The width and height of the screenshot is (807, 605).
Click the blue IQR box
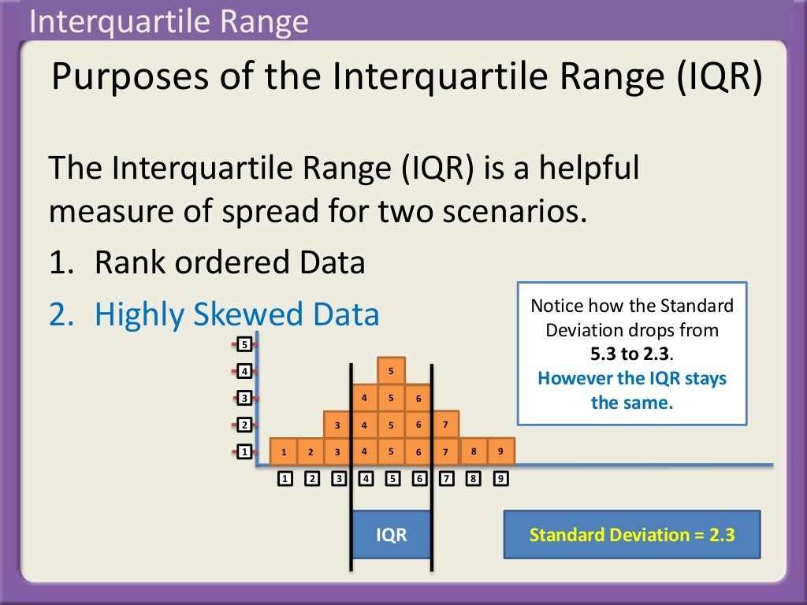(x=392, y=535)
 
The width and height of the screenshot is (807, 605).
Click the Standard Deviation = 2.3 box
(x=631, y=536)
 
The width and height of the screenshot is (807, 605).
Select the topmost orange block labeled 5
(x=391, y=370)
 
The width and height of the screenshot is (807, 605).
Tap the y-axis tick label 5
(x=244, y=344)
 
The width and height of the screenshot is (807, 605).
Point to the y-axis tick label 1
(x=244, y=452)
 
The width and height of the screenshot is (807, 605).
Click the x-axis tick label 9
(x=499, y=478)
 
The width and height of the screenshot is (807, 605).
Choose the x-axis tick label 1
(x=285, y=478)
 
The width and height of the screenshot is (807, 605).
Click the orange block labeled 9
(x=500, y=451)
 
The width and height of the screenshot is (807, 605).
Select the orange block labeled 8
(x=474, y=451)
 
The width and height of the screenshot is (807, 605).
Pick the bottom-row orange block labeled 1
(x=284, y=452)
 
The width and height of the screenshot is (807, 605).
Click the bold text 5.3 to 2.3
(x=631, y=354)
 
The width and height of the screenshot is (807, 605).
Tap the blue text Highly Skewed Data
(x=236, y=315)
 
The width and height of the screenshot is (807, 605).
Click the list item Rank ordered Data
(x=229, y=263)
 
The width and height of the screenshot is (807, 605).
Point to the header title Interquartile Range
(x=168, y=22)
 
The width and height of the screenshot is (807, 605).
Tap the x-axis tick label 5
(x=392, y=478)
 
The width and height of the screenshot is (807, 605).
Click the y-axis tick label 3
(x=244, y=398)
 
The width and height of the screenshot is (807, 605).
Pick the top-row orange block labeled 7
(x=445, y=425)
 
